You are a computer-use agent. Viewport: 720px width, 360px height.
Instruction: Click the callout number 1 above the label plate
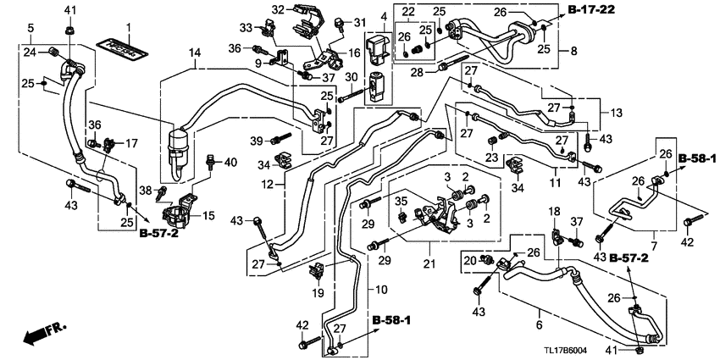tap(129, 28)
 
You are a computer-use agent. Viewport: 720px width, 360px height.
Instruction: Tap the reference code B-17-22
tap(591, 9)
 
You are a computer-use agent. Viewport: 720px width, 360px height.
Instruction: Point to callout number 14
tap(195, 53)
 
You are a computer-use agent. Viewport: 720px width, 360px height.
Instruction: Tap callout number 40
tap(230, 163)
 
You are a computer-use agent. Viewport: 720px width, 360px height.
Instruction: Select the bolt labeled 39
tap(280, 139)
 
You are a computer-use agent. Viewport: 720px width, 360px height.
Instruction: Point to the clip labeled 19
tap(318, 271)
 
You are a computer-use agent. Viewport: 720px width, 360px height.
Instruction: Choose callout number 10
tap(381, 290)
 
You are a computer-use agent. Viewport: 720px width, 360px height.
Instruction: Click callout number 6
tap(539, 325)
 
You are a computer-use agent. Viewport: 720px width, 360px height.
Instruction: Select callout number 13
tap(616, 113)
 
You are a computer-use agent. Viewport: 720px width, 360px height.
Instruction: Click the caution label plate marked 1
tap(122, 48)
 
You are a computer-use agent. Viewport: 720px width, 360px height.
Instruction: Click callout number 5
tap(30, 28)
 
